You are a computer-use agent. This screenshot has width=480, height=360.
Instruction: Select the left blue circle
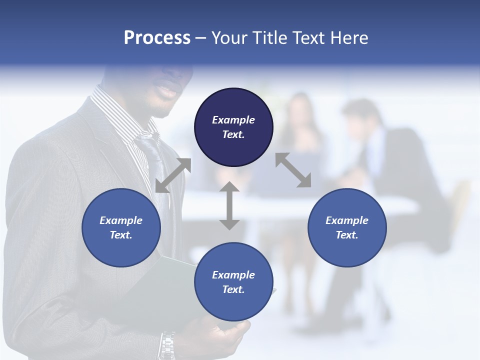121,227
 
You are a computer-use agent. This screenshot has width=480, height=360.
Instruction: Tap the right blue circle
347,227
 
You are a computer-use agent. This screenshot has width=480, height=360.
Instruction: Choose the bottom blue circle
233,281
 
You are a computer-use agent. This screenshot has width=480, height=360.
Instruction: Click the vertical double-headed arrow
229,205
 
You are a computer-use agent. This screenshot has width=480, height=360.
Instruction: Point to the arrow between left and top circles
173,175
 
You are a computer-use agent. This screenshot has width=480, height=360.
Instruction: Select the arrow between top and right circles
293,170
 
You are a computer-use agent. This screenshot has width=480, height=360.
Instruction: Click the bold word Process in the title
157,37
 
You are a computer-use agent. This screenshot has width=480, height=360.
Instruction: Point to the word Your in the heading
228,37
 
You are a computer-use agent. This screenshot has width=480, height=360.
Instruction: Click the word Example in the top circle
233,120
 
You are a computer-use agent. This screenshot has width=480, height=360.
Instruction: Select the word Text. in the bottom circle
233,289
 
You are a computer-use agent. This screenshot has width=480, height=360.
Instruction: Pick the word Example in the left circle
121,220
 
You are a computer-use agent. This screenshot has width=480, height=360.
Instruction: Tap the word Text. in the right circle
347,235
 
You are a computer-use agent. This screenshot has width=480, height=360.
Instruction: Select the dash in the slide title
201,37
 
